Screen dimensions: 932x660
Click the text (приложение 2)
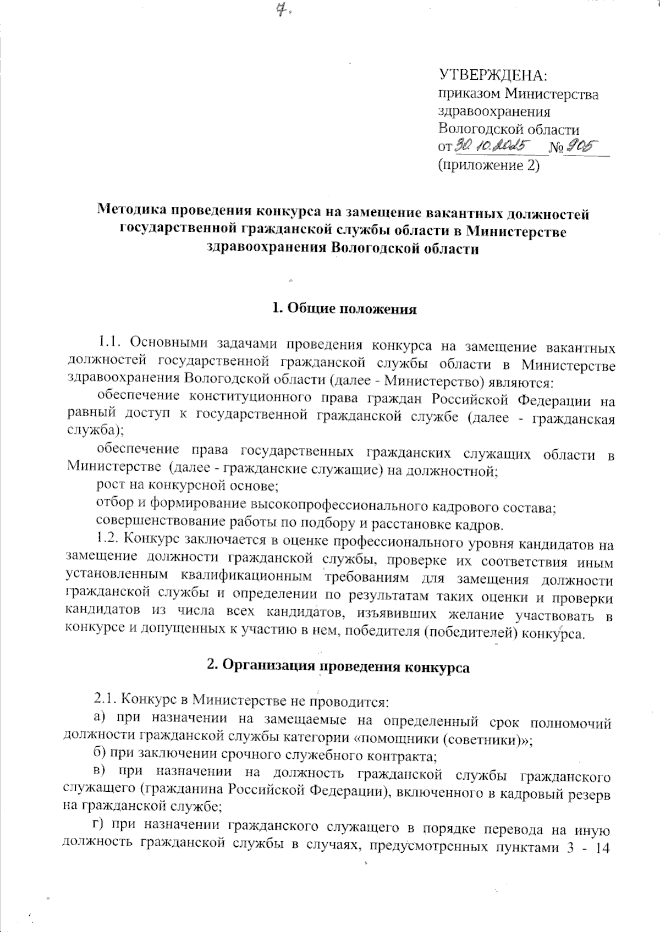coord(488,165)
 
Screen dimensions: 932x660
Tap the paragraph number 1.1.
coord(109,344)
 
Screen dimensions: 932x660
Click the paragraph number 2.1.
coord(105,701)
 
